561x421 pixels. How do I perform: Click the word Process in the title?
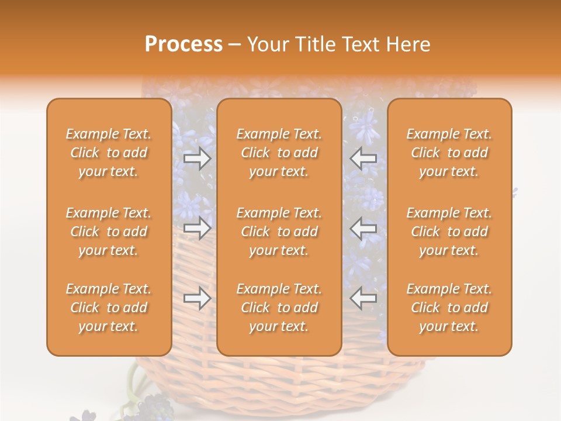183,44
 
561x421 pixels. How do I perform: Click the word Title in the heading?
316,44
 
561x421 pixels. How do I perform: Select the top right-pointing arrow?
197,158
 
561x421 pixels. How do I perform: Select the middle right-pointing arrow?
197,228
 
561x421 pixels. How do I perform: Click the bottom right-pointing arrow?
197,299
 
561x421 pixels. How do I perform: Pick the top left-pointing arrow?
363,158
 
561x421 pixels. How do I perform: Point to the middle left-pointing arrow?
363,228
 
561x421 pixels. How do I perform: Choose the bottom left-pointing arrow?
363,299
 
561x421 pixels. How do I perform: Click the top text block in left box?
109,153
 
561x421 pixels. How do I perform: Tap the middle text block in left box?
109,232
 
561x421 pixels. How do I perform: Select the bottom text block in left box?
109,308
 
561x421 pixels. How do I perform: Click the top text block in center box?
279,153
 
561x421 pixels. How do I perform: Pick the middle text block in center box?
279,232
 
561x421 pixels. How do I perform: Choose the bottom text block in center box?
279,308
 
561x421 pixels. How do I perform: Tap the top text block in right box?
449,153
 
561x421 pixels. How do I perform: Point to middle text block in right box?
449,232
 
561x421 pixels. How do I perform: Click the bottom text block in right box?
449,308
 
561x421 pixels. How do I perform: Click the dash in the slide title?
235,45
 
